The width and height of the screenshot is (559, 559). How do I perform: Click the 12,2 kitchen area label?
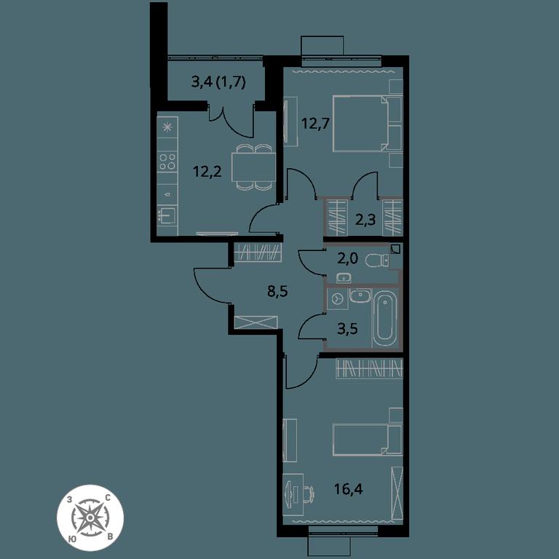(x=207, y=172)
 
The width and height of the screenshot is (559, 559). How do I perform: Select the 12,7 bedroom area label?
(x=315, y=124)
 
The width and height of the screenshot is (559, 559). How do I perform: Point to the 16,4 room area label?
(x=349, y=489)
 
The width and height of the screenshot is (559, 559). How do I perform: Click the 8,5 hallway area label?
(x=277, y=291)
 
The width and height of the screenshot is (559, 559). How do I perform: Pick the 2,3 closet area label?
(x=365, y=220)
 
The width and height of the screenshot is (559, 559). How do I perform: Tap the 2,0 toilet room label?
(x=347, y=258)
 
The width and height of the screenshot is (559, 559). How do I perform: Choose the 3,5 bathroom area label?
(x=347, y=329)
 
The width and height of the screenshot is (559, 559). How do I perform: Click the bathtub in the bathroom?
(x=385, y=318)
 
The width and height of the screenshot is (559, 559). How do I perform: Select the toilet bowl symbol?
(x=377, y=261)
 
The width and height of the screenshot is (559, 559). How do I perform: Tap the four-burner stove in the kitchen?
(x=167, y=161)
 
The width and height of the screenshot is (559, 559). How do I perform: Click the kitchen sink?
(x=167, y=215)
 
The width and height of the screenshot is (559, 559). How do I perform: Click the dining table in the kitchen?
(x=253, y=167)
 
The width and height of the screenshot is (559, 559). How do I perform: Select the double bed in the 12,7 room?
(x=367, y=123)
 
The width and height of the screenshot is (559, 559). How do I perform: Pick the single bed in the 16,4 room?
(x=368, y=440)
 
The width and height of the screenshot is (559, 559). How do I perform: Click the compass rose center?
(x=90, y=517)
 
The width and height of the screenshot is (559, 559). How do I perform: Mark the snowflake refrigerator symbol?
(x=167, y=127)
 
